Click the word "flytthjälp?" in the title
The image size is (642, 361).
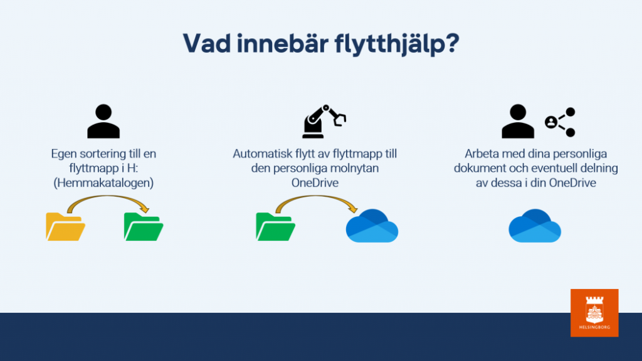(397, 44)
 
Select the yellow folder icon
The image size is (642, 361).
(65, 226)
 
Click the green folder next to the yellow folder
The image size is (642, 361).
(144, 226)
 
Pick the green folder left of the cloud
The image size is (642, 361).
(276, 226)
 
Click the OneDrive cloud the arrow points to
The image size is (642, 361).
(372, 226)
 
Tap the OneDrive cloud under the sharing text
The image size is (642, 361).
(535, 226)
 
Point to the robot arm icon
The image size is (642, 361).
(324, 121)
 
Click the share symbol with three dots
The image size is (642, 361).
(560, 122)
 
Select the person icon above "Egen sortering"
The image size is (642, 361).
(103, 121)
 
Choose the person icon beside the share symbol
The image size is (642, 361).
(518, 121)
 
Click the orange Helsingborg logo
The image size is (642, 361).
(594, 313)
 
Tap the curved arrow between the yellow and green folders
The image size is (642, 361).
(107, 196)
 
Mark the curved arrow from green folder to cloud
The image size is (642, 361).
(316, 196)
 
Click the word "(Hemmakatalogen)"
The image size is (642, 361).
(103, 182)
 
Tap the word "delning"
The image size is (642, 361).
(598, 168)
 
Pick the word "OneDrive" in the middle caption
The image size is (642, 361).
(315, 182)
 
